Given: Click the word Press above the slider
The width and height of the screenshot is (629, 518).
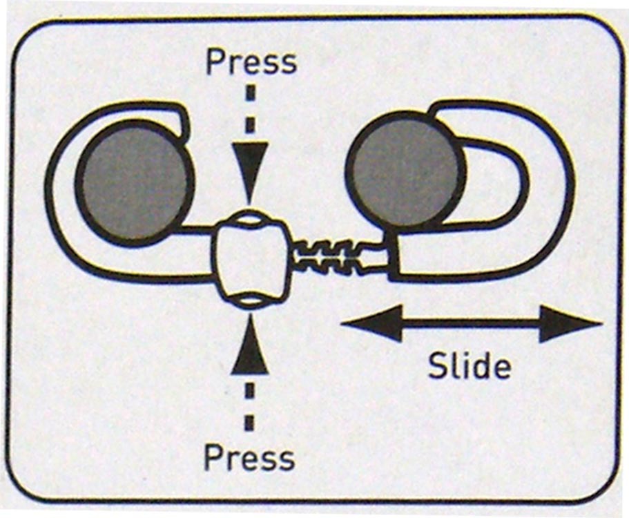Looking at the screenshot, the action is [251, 63].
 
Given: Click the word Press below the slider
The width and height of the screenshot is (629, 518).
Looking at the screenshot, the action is [249, 458].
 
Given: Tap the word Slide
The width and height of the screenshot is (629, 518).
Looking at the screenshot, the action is [469, 365].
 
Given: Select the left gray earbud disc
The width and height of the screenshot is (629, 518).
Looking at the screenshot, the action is [134, 182].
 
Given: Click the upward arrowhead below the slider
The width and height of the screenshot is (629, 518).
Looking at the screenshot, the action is [249, 356].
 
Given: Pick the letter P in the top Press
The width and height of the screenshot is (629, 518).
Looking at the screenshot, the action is [215, 61].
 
